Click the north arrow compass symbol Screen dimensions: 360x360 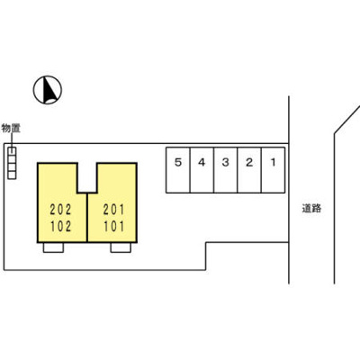point(48,90)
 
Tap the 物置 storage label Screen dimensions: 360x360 point(11,129)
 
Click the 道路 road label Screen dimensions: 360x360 point(311,208)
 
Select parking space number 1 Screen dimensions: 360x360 point(273,170)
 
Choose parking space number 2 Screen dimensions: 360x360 point(249,170)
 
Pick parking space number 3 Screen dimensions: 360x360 point(226,170)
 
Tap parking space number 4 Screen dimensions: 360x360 point(202,170)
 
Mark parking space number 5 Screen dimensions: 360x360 point(178,170)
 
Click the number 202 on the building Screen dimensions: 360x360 point(61,210)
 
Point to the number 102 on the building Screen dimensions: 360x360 point(61,227)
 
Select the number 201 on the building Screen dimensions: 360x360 point(114,210)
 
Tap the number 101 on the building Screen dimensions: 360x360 point(114,227)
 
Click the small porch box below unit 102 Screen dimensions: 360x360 point(53,247)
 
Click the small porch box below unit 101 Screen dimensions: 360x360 point(121,247)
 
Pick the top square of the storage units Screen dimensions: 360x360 point(12,151)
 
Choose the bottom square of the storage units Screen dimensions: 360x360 point(12,175)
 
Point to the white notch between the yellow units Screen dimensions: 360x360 point(87,177)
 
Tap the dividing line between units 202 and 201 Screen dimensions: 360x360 point(87,217)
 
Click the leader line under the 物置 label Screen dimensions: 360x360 point(12,140)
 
